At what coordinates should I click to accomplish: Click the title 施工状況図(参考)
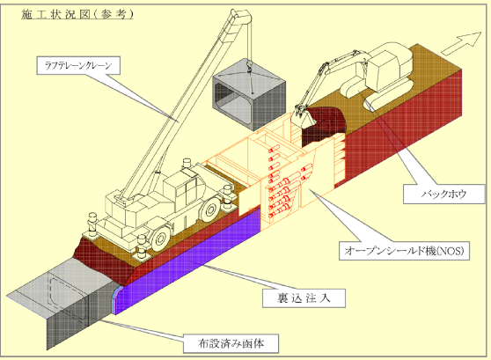tap(77, 14)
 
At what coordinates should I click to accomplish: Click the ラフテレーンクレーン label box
tap(78, 65)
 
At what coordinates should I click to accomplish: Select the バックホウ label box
tap(443, 194)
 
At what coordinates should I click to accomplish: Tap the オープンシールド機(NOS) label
tap(404, 251)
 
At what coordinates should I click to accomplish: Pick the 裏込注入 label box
tap(304, 298)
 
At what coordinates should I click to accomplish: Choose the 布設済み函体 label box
tap(231, 343)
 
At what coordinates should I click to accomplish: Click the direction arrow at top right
tap(463, 43)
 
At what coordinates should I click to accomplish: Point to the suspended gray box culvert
tap(249, 96)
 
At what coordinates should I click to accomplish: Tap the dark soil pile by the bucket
tap(324, 125)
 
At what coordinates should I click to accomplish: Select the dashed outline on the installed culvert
tap(68, 297)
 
